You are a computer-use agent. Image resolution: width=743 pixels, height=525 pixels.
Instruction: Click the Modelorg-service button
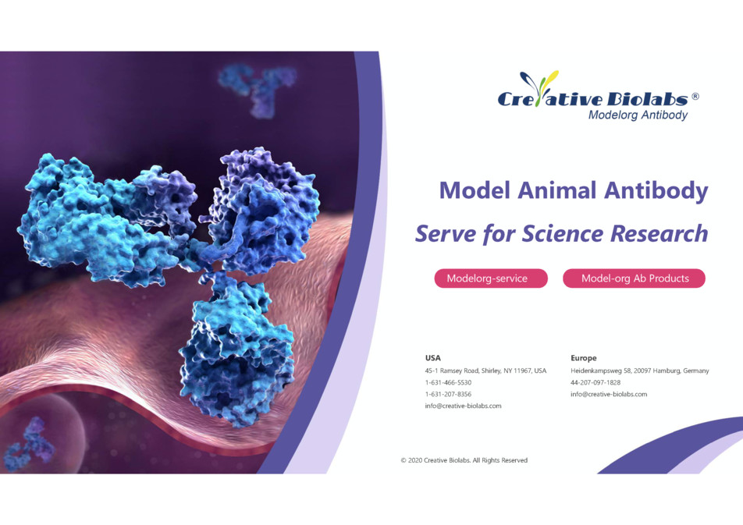[491, 278]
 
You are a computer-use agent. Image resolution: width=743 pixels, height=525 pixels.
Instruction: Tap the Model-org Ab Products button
[634, 278]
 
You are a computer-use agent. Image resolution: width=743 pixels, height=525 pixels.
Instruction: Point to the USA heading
[432, 358]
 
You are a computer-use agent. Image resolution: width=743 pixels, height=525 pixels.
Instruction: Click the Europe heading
[583, 358]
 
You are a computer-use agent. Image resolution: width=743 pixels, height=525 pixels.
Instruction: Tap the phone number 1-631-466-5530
[448, 382]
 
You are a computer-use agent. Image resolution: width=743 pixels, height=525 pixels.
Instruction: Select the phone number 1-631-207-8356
[448, 394]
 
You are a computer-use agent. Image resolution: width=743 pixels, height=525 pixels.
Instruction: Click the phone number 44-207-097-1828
[595, 382]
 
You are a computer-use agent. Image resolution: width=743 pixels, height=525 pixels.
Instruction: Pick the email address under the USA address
[463, 406]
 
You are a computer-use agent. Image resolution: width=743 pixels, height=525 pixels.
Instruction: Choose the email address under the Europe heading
[609, 394]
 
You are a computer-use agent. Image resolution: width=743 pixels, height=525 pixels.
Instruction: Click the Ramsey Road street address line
[485, 371]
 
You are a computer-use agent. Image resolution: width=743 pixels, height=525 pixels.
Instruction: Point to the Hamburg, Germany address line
[640, 371]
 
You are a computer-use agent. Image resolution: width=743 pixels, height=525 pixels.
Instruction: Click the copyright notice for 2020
[464, 460]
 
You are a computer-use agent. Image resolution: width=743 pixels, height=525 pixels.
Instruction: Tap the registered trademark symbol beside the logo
[695, 97]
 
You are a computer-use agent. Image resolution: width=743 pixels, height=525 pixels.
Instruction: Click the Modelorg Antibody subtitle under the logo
[638, 115]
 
